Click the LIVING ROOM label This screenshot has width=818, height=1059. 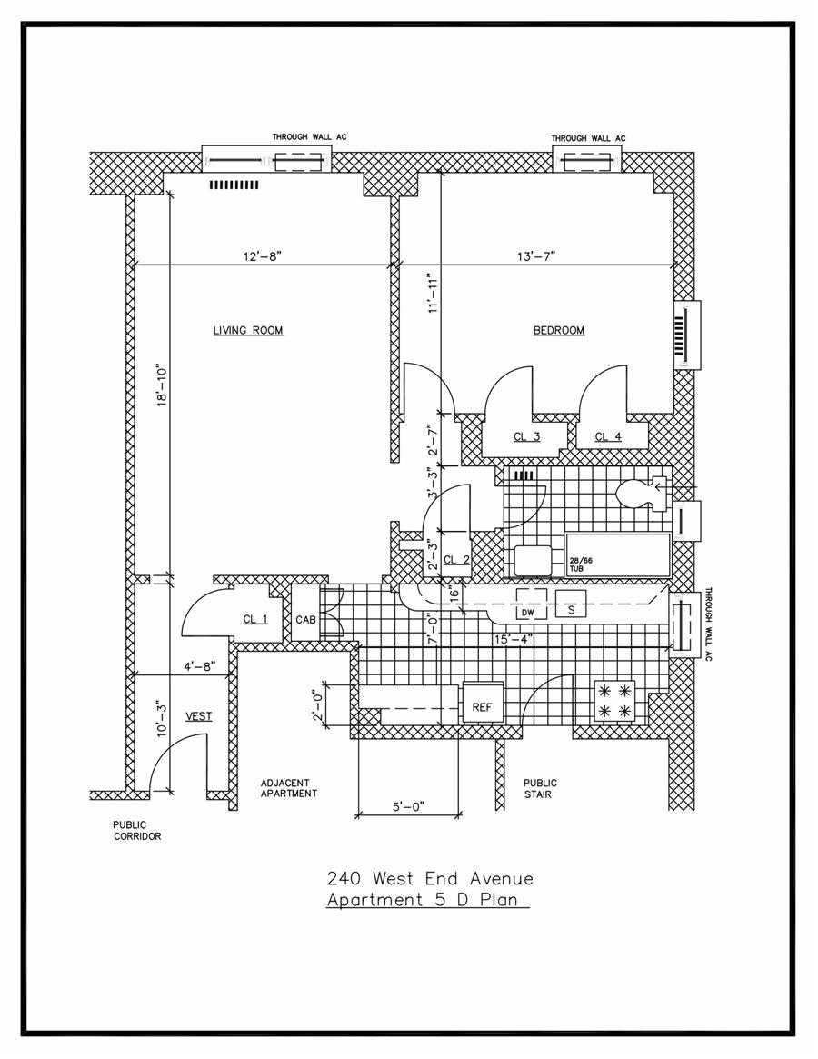248,330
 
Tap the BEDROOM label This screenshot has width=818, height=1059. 558,330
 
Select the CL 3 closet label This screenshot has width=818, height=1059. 526,437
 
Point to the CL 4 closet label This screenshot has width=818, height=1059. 608,437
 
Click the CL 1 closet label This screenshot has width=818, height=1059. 255,619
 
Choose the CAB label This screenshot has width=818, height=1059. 305,620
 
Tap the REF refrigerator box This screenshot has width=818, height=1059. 482,706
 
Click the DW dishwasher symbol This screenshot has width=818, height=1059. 527,612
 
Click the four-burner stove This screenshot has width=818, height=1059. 613,701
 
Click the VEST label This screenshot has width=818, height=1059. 199,716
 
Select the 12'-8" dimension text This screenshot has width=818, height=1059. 263,256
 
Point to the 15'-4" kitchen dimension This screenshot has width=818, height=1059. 512,639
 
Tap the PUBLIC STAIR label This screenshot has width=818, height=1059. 540,788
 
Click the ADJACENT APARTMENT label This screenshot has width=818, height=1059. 288,787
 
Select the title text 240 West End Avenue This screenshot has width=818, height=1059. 430,879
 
